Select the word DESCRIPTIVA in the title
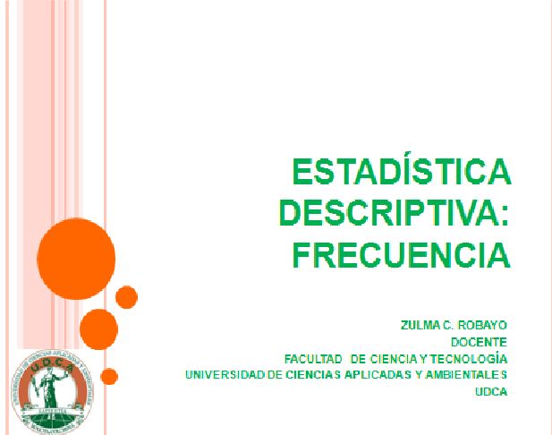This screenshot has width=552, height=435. [x=388, y=213]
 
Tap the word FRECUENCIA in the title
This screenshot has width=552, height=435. [x=402, y=255]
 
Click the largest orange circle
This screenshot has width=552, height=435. [x=76, y=259]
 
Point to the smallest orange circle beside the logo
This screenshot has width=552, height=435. [x=109, y=377]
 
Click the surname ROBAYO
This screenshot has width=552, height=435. [x=482, y=325]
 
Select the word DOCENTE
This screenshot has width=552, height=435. [x=479, y=342]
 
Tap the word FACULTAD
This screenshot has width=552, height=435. [x=313, y=359]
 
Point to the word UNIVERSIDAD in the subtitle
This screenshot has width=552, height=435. [x=225, y=375]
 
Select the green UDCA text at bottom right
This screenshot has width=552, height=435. [x=491, y=392]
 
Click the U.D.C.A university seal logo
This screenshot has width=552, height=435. [x=52, y=392]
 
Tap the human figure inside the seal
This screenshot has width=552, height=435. [x=49, y=388]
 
